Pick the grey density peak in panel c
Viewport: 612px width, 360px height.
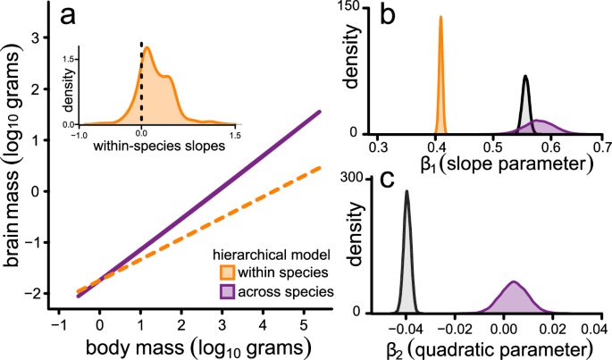tap(407, 191)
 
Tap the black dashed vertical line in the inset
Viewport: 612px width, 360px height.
tap(140, 80)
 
